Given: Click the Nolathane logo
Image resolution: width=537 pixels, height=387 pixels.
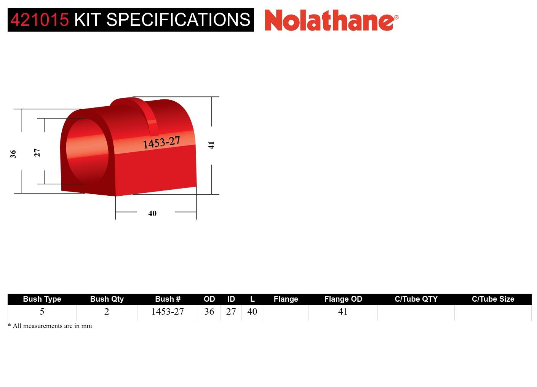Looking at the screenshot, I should click(x=331, y=20).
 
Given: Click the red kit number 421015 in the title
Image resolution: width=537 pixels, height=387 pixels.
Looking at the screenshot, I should click(x=40, y=20).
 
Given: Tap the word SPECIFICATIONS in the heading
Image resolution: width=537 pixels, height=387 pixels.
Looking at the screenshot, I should click(x=178, y=20).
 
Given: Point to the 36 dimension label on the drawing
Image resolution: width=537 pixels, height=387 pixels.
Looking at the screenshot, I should click(x=13, y=154).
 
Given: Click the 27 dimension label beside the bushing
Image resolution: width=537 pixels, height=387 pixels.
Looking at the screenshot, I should click(x=37, y=152).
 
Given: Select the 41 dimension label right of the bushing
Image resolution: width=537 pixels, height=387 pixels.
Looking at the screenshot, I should click(x=211, y=145).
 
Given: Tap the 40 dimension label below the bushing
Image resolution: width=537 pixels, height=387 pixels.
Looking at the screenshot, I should click(x=152, y=213).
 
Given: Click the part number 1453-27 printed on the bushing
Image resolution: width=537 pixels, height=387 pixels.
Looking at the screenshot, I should click(x=161, y=142).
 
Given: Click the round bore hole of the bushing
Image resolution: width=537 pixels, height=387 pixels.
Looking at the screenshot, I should click(x=87, y=150).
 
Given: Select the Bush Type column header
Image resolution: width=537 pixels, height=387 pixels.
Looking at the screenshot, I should click(x=42, y=299).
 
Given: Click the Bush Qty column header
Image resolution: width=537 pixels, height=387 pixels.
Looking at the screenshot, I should click(x=107, y=299).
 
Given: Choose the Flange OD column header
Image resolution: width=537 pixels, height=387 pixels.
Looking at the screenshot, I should click(x=343, y=299).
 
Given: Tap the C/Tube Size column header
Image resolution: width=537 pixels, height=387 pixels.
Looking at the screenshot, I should click(x=493, y=299).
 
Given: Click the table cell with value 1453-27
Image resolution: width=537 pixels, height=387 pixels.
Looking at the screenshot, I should click(x=168, y=312).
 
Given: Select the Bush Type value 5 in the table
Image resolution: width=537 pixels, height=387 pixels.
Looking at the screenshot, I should click(x=42, y=312).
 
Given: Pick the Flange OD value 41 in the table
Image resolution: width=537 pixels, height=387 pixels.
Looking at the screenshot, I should click(x=343, y=312).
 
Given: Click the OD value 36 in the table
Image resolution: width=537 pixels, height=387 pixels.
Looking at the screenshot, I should click(x=209, y=312).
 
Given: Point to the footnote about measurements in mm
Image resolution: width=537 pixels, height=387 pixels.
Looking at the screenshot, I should click(x=50, y=326).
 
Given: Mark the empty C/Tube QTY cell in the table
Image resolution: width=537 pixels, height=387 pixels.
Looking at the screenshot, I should click(x=416, y=312).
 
